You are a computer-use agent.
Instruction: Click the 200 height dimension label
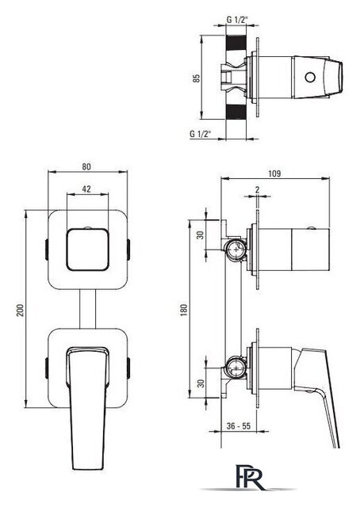(21, 310)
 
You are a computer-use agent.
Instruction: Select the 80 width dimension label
(86, 166)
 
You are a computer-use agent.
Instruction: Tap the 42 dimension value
(86, 189)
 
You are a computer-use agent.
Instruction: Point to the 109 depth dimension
(274, 173)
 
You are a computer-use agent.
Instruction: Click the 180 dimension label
(184, 310)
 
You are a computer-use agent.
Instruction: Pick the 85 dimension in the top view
(197, 78)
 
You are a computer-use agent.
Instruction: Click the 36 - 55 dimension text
(239, 426)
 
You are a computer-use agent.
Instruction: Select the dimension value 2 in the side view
(258, 190)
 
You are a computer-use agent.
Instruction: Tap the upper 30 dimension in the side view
(201, 235)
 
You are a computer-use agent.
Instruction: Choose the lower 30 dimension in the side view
(201, 383)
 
